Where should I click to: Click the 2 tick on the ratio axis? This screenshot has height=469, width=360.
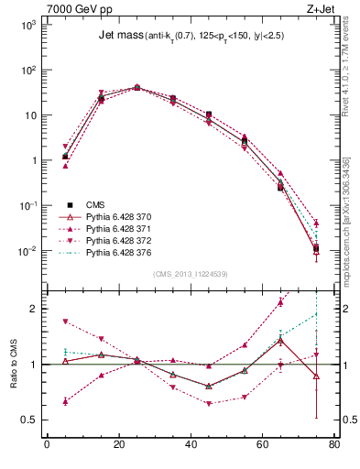tap(35, 309)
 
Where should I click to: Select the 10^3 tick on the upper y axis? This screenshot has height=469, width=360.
tap(28, 25)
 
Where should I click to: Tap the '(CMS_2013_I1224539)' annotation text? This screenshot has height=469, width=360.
tap(191, 273)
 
